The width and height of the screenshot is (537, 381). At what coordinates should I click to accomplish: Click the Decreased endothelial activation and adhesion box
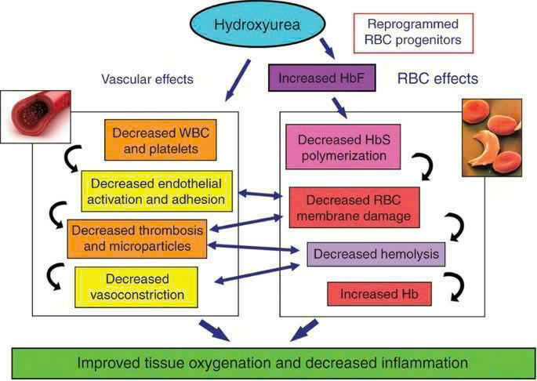click(x=157, y=190)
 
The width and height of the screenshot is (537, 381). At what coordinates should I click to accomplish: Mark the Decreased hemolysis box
click(x=376, y=254)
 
